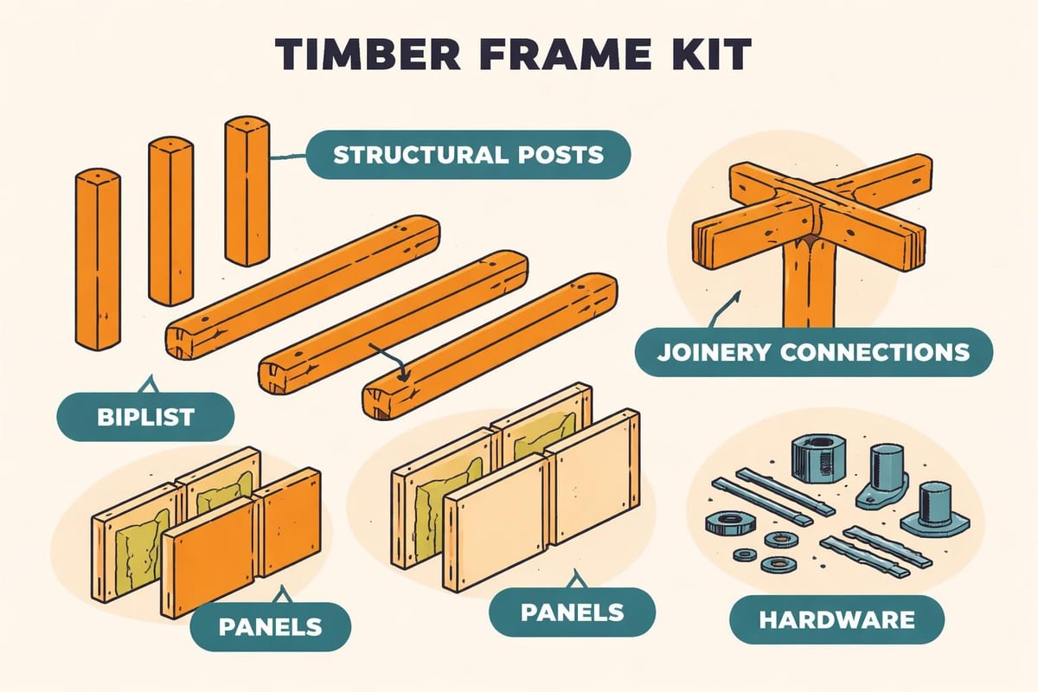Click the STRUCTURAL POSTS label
tap(468, 156)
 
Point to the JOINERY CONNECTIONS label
tap(813, 352)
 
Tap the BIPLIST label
tap(145, 417)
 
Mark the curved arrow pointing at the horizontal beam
tap(389, 359)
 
